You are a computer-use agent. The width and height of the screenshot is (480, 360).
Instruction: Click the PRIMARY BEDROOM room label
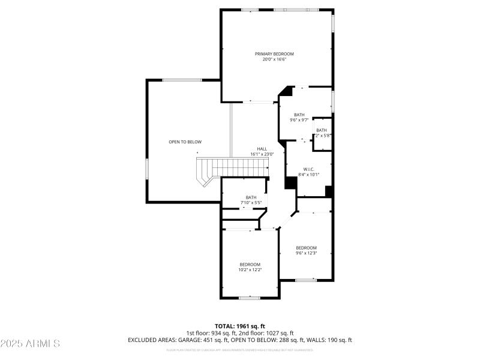point(278,54)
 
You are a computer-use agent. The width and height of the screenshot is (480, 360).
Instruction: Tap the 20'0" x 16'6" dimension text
point(278,59)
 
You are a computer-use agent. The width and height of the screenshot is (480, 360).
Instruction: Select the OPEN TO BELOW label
point(185,142)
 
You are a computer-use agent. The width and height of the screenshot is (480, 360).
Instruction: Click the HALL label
point(262,149)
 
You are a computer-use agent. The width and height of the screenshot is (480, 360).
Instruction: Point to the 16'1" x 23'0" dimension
point(262,154)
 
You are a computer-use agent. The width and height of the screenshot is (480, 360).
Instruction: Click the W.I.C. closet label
point(308,169)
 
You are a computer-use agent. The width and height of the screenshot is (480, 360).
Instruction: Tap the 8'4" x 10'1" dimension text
point(308,175)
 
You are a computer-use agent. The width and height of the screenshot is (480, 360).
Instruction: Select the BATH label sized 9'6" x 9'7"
point(299,115)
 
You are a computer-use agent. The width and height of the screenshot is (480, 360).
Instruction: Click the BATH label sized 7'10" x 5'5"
point(251,197)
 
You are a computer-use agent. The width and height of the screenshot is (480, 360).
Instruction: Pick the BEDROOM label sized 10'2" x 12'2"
point(250,265)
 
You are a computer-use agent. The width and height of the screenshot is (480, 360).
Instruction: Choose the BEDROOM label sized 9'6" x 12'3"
point(306,248)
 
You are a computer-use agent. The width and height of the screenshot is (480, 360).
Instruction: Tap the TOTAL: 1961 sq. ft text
point(240,326)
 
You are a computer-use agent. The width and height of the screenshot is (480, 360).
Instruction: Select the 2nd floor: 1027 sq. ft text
point(265,333)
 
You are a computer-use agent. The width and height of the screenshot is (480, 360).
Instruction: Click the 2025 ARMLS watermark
point(30,344)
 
